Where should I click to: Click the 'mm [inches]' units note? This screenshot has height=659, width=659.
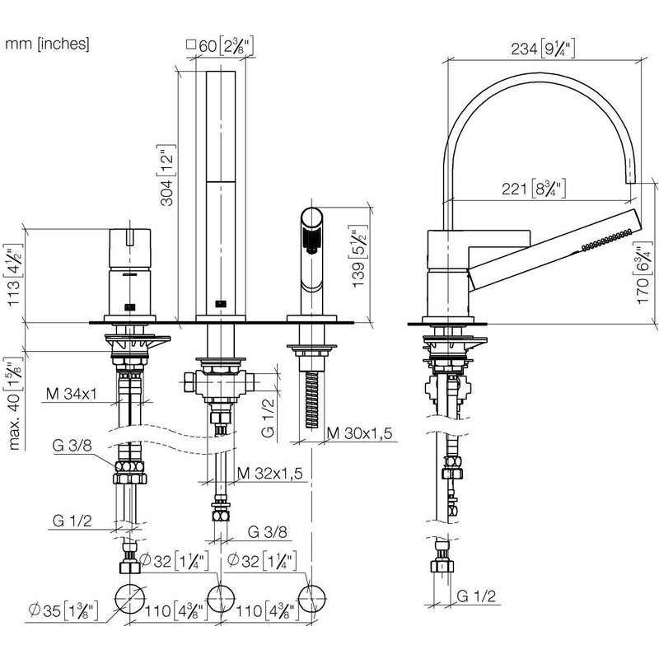click(47, 44)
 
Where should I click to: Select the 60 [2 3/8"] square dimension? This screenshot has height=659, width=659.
click(220, 45)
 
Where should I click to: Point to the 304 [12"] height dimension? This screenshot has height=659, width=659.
click(166, 175)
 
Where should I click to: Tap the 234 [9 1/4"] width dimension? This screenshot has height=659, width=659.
click(543, 49)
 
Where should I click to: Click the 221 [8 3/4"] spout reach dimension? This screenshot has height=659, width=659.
click(534, 189)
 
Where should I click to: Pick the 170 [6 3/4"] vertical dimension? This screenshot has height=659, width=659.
click(643, 273)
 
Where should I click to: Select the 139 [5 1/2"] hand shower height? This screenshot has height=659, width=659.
click(358, 256)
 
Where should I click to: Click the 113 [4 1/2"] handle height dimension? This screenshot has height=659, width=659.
click(13, 275)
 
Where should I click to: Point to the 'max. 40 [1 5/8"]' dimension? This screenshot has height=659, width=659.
click(15, 404)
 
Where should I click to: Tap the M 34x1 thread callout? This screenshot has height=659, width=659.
click(72, 394)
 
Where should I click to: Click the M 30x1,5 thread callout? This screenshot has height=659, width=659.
click(360, 433)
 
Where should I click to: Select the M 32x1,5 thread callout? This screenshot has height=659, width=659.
click(270, 473)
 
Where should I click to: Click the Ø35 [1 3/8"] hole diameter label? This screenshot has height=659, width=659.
click(63, 610)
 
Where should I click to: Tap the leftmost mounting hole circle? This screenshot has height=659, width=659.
click(130, 599)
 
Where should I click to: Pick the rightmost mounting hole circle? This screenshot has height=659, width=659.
click(312, 599)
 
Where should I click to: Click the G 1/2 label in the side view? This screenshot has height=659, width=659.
click(476, 596)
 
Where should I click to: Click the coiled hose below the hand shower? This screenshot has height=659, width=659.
click(312, 400)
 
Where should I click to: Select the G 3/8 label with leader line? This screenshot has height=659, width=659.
click(72, 446)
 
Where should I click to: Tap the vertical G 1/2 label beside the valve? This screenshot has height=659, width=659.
click(268, 418)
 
